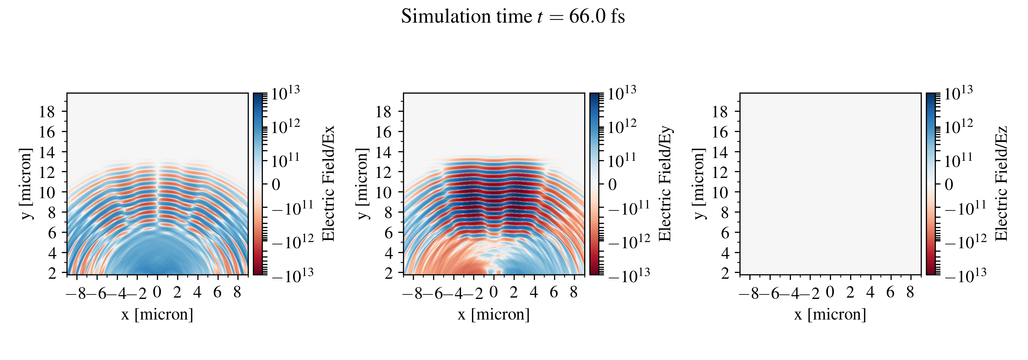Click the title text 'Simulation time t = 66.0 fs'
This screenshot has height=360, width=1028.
[513, 17]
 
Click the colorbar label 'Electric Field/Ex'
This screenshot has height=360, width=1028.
[328, 183]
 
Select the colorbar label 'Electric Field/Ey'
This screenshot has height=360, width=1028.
[665, 183]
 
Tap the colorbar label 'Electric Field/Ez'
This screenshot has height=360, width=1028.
[1002, 183]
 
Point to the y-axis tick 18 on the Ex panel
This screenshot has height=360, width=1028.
[47, 112]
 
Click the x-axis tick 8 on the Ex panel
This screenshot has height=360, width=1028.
[237, 292]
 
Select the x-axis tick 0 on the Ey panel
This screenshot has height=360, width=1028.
[494, 292]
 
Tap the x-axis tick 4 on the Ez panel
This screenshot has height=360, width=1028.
[870, 292]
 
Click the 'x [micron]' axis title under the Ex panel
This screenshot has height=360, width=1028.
[157, 314]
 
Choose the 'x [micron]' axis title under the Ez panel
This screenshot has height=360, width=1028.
[830, 314]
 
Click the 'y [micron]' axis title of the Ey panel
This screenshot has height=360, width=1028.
[362, 183]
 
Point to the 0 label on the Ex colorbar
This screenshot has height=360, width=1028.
[276, 184]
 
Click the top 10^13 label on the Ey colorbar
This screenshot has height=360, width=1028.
[622, 93]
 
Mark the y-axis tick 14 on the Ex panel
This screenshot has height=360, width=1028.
[47, 152]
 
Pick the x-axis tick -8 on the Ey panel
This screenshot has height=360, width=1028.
[414, 294]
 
